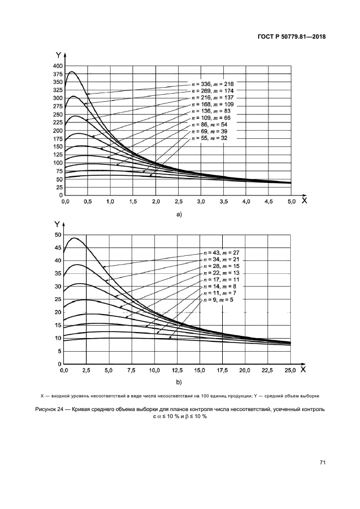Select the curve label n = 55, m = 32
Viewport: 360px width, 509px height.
(208, 139)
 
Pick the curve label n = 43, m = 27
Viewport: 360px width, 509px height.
(220, 253)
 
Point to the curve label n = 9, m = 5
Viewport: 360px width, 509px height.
(217, 300)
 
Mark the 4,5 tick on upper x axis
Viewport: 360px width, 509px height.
(269, 202)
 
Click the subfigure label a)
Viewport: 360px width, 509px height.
(178, 214)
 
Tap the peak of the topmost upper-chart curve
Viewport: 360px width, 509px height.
(71, 72)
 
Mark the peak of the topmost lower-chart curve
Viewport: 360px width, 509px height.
(75, 238)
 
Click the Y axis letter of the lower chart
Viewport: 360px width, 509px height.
(56, 223)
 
